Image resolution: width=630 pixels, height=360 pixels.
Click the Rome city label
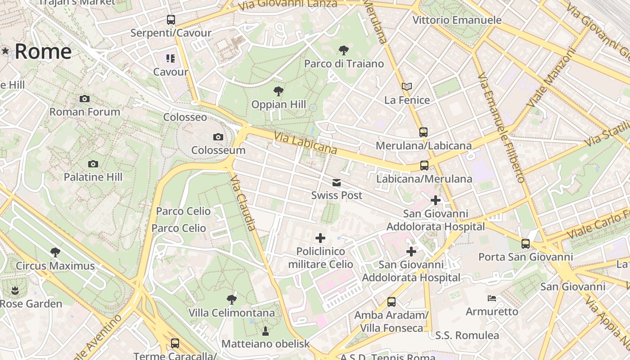[43, 52]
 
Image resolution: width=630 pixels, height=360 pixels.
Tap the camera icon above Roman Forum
[84, 99]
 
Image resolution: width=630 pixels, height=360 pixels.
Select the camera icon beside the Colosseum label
[218, 137]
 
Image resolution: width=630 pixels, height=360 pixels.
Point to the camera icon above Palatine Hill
[93, 164]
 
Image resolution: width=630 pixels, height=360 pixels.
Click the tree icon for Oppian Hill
[279, 91]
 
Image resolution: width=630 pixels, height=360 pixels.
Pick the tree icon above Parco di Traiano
[344, 50]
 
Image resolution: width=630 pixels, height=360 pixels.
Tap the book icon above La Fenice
[407, 86]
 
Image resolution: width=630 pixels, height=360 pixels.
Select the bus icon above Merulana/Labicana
[423, 132]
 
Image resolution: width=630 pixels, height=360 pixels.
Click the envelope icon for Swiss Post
[337, 183]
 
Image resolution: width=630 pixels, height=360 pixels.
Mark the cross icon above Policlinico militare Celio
[320, 238]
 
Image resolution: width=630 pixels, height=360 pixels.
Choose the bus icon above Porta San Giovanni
[526, 244]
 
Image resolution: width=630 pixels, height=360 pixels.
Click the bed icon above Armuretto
[492, 298]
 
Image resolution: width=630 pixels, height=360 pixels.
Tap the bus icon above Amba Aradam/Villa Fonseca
[391, 301]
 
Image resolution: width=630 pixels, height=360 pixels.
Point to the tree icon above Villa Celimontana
[232, 299]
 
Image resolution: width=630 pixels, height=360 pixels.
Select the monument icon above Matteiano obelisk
[265, 331]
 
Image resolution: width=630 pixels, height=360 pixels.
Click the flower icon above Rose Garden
[15, 290]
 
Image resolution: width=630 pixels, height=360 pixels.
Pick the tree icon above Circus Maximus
[55, 252]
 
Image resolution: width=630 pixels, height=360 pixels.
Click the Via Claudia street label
[243, 203]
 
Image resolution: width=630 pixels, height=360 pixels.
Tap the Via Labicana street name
[305, 143]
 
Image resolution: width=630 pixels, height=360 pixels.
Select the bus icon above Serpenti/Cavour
[171, 20]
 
